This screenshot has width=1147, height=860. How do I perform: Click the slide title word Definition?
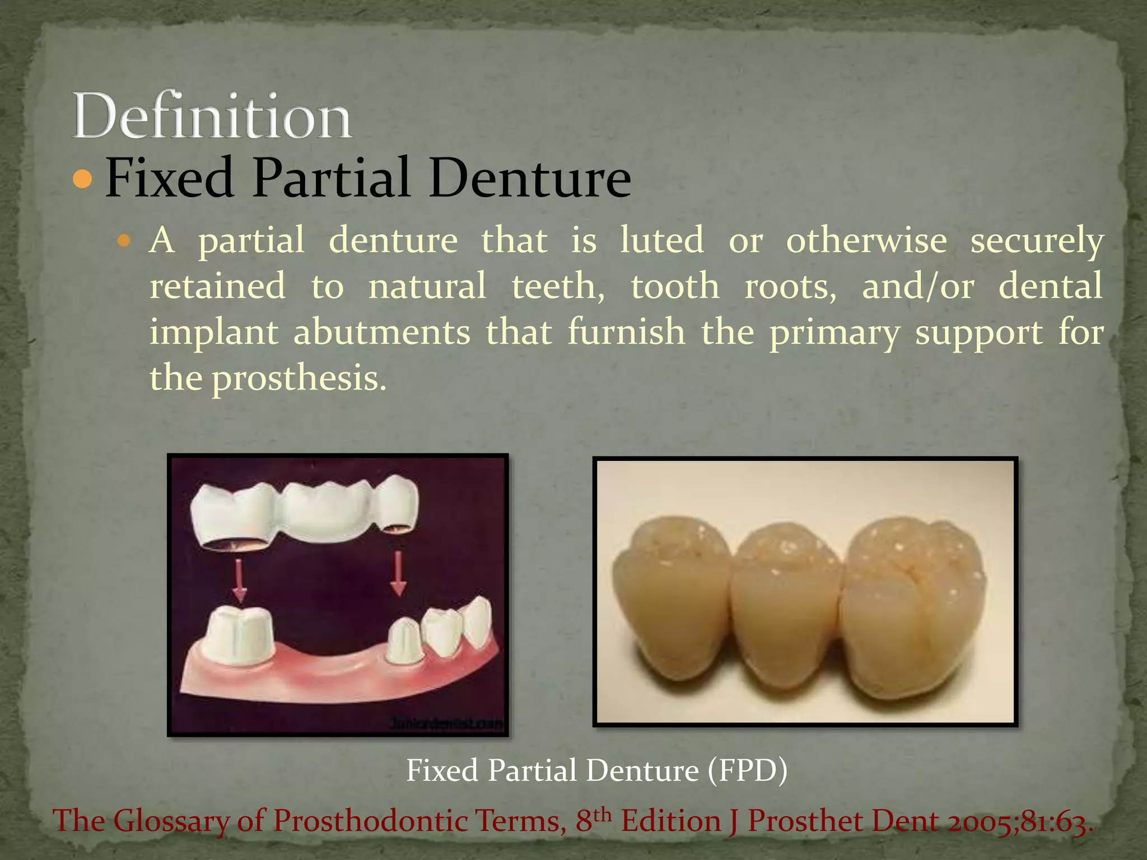pos(212,116)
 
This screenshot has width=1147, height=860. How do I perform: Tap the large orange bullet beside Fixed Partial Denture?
pos(82,179)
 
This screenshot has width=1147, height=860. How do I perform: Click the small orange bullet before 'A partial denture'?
pos(124,241)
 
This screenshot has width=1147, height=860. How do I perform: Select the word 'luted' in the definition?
pos(661,240)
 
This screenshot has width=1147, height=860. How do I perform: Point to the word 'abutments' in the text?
pos(382,332)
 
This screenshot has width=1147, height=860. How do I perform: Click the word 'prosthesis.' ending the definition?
pos(299,378)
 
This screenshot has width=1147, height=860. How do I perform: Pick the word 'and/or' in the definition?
pos(918,286)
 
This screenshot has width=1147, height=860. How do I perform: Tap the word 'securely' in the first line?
pos(1037,241)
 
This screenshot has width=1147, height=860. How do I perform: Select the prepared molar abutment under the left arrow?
pos(239,635)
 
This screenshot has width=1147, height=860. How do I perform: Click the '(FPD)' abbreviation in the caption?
pos(747,770)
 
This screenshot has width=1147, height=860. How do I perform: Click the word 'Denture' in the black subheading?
pos(530,179)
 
